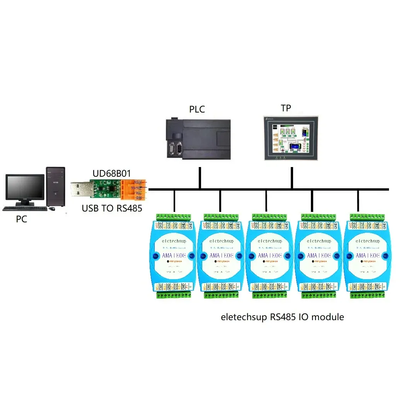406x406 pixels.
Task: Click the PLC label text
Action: tap(197, 109)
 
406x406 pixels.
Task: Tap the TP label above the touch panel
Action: tap(286, 108)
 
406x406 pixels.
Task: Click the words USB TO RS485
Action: tap(112, 208)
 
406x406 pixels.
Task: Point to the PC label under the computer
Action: tap(22, 219)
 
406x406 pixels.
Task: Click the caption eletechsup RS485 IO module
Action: tap(282, 317)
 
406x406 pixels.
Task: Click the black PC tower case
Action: tap(55, 186)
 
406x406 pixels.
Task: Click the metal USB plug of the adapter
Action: tap(81, 189)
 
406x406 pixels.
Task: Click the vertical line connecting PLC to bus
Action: tap(200, 178)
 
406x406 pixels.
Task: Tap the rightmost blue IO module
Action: tap(368, 256)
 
